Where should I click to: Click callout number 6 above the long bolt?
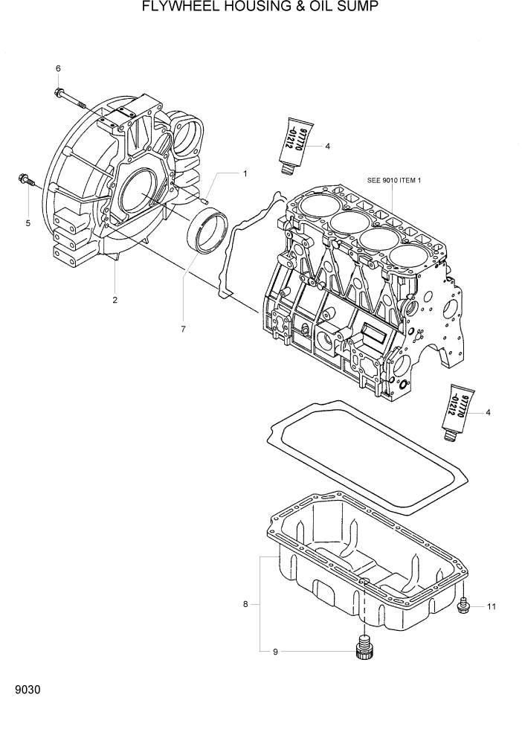[x=57, y=69]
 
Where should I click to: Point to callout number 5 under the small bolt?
[x=28, y=222]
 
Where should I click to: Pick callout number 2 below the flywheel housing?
[x=115, y=300]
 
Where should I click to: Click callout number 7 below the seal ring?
[x=182, y=328]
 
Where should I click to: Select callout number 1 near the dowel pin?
[x=244, y=173]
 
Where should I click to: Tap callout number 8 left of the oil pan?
[x=245, y=604]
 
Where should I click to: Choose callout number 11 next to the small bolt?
[x=491, y=607]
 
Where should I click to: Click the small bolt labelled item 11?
[x=463, y=606]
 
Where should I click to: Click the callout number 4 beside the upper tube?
[x=326, y=147]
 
